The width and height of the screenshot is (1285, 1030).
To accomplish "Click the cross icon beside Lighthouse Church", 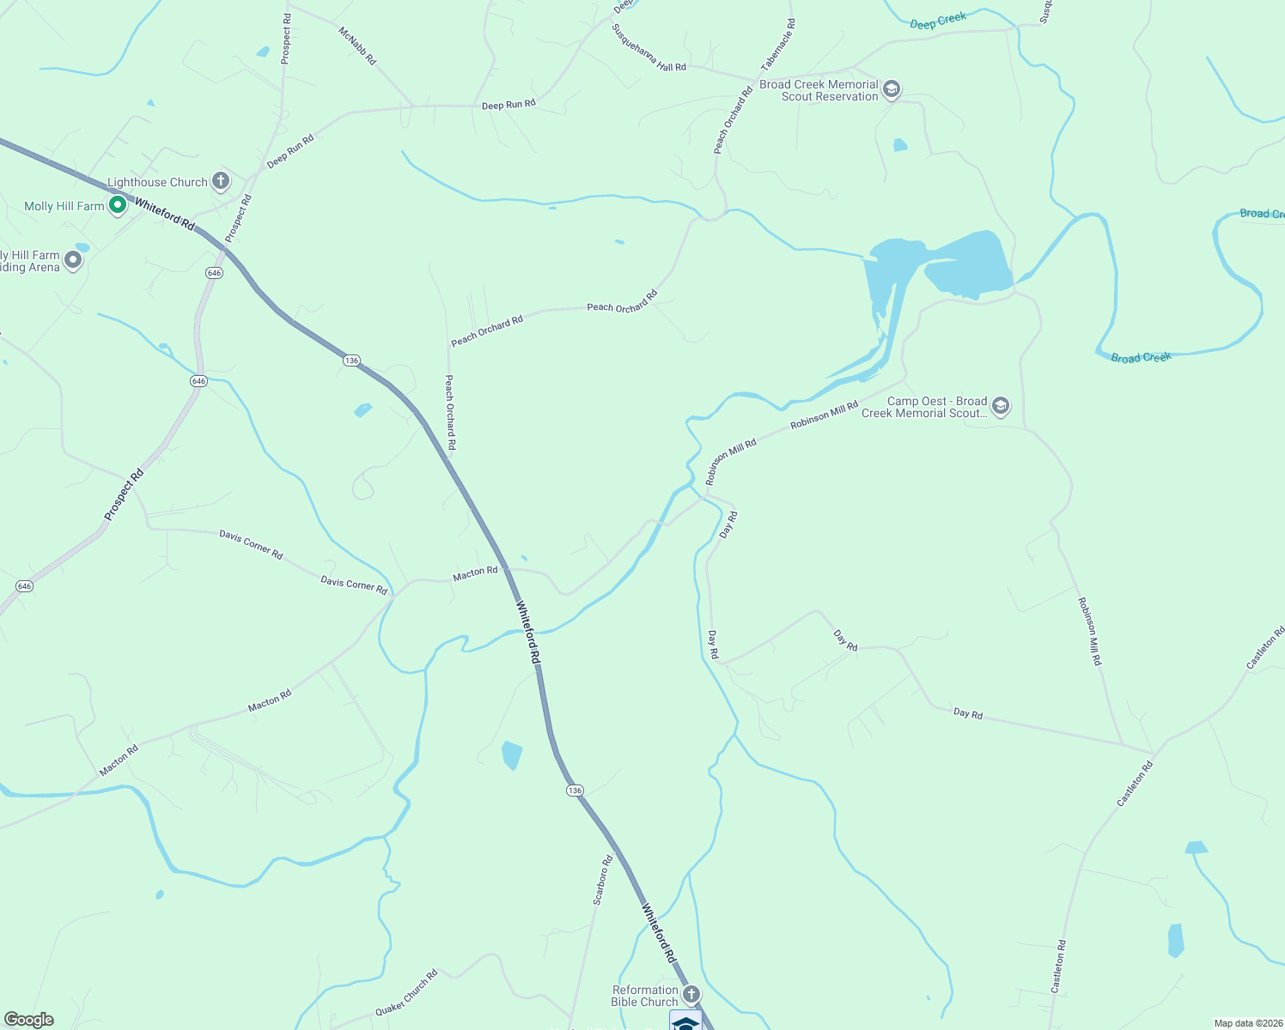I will pos(221,181).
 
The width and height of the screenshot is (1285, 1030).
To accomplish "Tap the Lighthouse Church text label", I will pos(157,182).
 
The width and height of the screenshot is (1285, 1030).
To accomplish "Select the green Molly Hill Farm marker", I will pos(118,206).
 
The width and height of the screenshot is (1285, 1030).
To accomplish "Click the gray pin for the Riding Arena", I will pos(73,259).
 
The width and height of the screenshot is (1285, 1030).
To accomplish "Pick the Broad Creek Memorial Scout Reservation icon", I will pos(892,89).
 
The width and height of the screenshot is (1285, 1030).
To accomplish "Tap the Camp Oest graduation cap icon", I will pos(1000,406).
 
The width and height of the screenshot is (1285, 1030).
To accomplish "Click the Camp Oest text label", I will pos(924,407).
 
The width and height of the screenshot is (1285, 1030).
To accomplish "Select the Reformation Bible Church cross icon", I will pos(691,994).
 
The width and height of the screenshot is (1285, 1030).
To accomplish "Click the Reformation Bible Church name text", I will pos(645,996).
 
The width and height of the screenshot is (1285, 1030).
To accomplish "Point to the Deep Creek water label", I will pos(938,21).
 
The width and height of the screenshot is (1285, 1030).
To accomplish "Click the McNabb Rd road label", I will pos(357,45).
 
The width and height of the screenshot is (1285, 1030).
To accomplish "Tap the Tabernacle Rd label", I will pos(778,45).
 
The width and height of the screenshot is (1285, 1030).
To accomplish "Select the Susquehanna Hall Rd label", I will pos(649,47).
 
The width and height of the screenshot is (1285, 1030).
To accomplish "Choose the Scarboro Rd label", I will pos(603,880).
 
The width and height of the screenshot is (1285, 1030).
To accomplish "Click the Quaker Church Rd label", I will pos(406,993).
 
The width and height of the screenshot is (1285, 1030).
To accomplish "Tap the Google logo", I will pos(28,1020).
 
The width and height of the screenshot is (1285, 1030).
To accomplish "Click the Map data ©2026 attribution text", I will pos(1245,1023).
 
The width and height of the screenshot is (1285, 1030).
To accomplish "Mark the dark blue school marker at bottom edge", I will pos(685,1021).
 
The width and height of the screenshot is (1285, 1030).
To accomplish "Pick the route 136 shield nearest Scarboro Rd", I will pos(575,791).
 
